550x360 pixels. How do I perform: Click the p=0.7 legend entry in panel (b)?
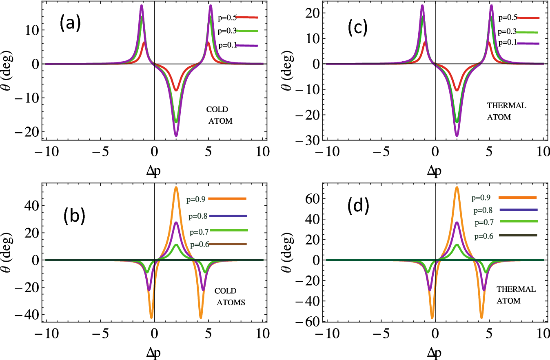[218, 231]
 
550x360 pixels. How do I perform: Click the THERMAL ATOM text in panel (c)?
[507, 111]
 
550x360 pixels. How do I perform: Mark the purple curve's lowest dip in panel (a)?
[176, 136]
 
